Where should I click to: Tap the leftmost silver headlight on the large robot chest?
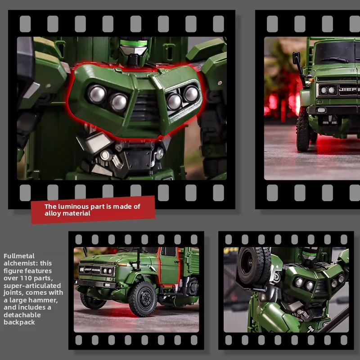pos(97,94)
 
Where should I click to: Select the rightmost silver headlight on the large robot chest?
pos(191,94)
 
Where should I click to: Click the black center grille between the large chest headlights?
pos(144,108)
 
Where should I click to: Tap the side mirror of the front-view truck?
pos(297,58)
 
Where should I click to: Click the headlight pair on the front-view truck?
pos(328,90)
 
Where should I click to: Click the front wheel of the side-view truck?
pos(142,298)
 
